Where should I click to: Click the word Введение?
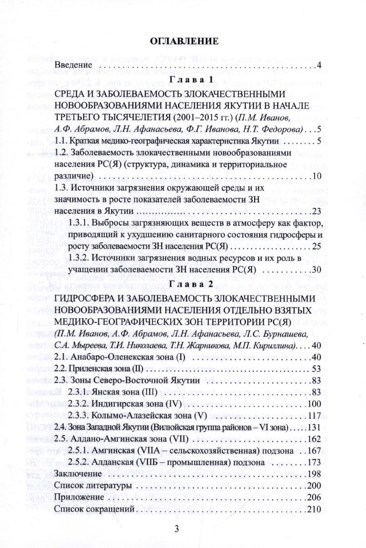point(74,65)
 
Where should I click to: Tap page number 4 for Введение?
point(319,65)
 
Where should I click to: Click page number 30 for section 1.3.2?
point(317,270)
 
